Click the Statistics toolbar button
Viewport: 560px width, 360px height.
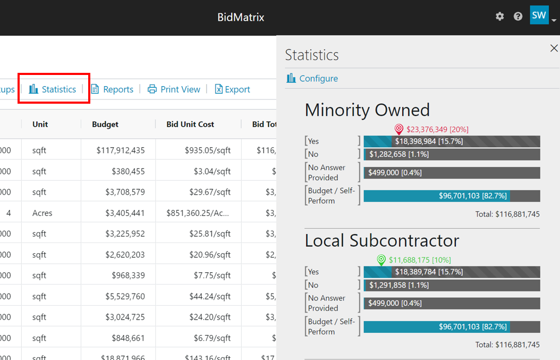[x=53, y=89]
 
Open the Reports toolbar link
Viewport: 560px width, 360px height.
[x=112, y=89]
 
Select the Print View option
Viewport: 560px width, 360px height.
[x=174, y=89]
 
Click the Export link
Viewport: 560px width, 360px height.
[x=232, y=89]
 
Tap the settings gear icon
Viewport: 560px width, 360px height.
[x=499, y=16]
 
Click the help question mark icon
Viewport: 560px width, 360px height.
[x=518, y=16]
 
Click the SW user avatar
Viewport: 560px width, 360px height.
[x=539, y=15]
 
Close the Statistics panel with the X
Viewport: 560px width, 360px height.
[x=554, y=48]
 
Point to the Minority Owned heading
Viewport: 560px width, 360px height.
[x=367, y=110]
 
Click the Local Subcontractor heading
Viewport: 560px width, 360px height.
[x=381, y=241]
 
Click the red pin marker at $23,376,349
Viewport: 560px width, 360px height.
[x=399, y=129]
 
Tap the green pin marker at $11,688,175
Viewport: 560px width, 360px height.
[x=381, y=260]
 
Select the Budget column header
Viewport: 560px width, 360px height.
[x=105, y=124]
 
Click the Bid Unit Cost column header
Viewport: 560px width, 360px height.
[x=190, y=124]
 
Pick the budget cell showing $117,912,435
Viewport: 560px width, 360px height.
[x=121, y=150]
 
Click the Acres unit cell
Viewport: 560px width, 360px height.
[x=43, y=213]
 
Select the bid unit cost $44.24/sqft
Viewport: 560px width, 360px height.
[x=210, y=296]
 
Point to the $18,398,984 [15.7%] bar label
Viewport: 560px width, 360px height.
[x=429, y=141]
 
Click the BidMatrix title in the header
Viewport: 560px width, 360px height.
[x=241, y=17]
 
